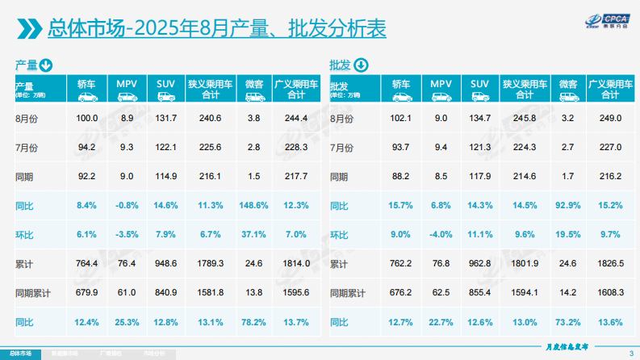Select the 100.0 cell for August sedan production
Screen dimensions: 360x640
click(86, 119)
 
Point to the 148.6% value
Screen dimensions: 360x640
click(253, 206)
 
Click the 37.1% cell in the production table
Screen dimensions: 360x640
click(253, 235)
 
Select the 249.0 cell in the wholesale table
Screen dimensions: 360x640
click(611, 119)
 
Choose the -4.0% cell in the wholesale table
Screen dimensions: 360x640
click(441, 235)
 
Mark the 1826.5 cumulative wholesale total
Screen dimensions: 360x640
click(611, 264)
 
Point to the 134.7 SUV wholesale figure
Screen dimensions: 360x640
click(479, 119)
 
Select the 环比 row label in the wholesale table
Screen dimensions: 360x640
click(339, 235)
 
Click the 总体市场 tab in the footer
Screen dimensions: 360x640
click(20, 354)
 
